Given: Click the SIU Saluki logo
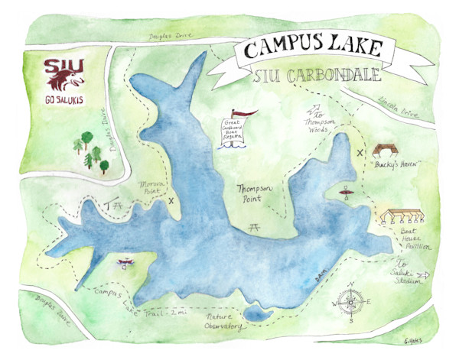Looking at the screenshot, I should click(x=64, y=75).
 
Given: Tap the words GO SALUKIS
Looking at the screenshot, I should click(x=64, y=100).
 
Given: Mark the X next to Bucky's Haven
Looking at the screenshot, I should click(x=360, y=152).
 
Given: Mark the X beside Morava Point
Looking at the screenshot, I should click(x=171, y=201).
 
